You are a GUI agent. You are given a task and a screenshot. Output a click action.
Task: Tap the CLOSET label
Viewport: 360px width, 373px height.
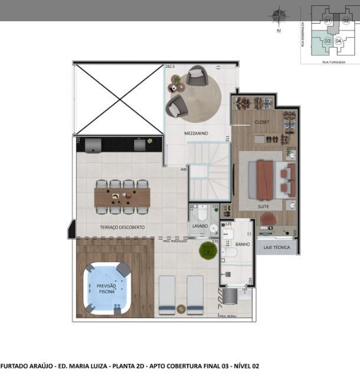261,122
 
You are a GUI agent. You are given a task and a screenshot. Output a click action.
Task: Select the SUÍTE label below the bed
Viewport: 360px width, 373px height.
263,207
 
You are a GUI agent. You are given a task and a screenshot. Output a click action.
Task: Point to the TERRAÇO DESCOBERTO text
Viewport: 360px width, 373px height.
122,227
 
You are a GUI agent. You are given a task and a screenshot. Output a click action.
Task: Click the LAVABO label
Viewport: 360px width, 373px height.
199,226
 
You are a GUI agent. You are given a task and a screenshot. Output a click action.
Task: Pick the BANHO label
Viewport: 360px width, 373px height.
243,244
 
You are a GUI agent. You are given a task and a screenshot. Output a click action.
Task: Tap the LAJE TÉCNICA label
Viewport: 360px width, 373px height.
277,247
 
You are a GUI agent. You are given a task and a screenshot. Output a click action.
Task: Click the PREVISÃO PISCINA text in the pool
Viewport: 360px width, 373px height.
106,288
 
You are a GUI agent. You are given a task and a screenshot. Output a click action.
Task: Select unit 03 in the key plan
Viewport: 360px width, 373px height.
327,41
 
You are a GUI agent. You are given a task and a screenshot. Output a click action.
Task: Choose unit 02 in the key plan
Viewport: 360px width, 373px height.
346,21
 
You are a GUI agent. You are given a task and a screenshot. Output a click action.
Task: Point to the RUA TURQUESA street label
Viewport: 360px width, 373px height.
333,61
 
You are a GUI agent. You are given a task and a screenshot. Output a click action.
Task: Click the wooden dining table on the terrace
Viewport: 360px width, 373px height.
122,197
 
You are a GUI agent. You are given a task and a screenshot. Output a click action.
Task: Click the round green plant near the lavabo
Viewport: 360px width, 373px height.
208,250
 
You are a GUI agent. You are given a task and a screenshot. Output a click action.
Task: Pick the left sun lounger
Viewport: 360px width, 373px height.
167,294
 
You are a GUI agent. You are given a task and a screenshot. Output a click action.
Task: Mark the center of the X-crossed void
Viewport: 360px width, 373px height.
119,99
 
